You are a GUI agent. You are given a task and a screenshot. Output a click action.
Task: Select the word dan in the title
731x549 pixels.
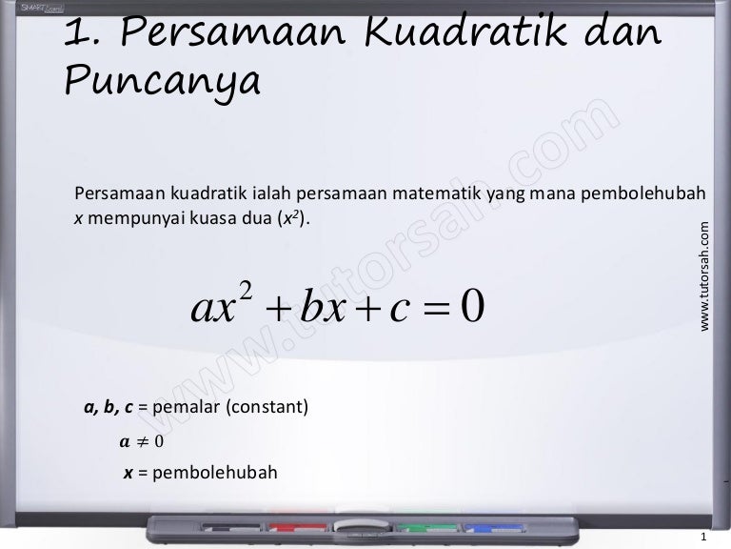(615, 35)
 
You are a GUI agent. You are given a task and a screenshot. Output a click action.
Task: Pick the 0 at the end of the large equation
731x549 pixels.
(472, 307)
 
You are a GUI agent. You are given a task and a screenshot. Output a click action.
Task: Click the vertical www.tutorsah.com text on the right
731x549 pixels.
(705, 276)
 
